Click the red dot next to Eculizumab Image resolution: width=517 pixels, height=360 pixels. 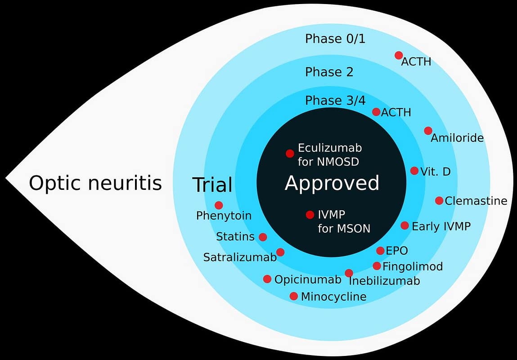coord(290,153)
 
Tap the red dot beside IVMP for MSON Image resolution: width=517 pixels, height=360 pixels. coord(310,215)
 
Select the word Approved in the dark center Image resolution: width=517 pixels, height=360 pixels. coord(332,184)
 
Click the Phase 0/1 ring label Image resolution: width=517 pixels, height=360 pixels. coord(335,39)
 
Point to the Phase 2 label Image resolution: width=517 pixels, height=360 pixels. coord(329,72)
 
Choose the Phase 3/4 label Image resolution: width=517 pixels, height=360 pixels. coord(335,101)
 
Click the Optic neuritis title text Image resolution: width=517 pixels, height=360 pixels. coord(95,184)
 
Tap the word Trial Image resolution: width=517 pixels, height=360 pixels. coord(212,185)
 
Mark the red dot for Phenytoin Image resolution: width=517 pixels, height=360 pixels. coord(219,205)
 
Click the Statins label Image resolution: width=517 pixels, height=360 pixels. coord(235,237)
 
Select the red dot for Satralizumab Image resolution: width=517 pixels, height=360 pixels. coord(280,252)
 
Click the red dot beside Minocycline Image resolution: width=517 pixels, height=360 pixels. coord(293,296)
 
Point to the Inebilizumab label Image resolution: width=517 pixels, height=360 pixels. coord(384,281)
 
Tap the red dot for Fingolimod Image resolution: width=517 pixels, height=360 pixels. coord(377,266)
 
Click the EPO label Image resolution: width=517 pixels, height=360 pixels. coord(397,251)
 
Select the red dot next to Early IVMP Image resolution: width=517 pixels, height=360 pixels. coord(405,225)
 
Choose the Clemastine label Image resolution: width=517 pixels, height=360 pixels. coord(476,201)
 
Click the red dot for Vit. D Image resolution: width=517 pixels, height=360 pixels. coord(414,171)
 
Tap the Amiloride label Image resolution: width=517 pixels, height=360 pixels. coord(457,138)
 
